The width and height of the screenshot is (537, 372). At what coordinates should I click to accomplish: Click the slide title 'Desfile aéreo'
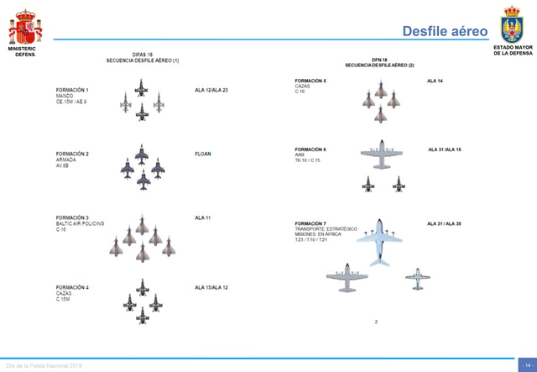click(445, 31)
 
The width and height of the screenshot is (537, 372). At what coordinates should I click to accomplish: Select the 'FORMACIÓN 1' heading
click(72, 90)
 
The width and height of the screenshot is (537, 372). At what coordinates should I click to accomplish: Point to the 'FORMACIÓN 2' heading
click(72, 155)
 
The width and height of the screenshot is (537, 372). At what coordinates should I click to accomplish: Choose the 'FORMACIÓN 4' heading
click(72, 288)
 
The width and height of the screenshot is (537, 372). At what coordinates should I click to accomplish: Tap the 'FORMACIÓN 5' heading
click(310, 81)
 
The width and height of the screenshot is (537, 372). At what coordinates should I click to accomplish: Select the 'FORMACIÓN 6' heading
click(310, 149)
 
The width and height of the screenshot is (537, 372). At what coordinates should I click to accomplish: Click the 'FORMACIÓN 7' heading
click(310, 223)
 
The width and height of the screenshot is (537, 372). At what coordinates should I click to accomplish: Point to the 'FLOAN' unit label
click(203, 155)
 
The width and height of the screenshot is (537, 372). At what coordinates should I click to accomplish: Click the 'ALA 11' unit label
click(203, 218)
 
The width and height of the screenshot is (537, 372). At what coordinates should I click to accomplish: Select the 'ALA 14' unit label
click(435, 81)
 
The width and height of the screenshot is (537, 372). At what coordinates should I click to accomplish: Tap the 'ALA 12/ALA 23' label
click(211, 90)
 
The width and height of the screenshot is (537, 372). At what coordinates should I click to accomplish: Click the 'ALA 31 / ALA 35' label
click(444, 223)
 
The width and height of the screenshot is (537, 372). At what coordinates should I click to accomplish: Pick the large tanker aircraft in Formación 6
click(383, 155)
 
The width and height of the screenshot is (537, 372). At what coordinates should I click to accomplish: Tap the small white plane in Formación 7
click(417, 276)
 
